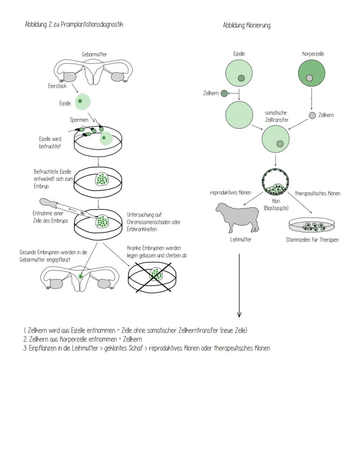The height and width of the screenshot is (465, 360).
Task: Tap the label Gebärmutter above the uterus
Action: point(94,54)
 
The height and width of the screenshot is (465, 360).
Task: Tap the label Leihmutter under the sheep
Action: point(241,239)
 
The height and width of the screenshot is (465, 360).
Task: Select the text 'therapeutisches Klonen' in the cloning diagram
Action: point(317,193)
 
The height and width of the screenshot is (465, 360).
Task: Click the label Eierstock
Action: point(57,86)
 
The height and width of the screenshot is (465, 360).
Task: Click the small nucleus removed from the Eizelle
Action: point(224,93)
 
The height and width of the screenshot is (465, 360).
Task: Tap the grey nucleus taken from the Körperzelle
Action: point(312,115)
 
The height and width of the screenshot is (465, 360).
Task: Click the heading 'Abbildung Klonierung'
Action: point(247,26)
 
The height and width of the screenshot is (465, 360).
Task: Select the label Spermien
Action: point(79,120)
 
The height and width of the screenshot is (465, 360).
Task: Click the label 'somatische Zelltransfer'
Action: point(277,116)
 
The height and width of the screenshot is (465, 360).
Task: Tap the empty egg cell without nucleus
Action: point(239,114)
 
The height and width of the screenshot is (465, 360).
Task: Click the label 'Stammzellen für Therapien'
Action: point(312,240)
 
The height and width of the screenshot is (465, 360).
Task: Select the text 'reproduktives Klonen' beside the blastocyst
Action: point(230,192)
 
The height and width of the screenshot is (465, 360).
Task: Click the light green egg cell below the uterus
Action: point(83,102)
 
